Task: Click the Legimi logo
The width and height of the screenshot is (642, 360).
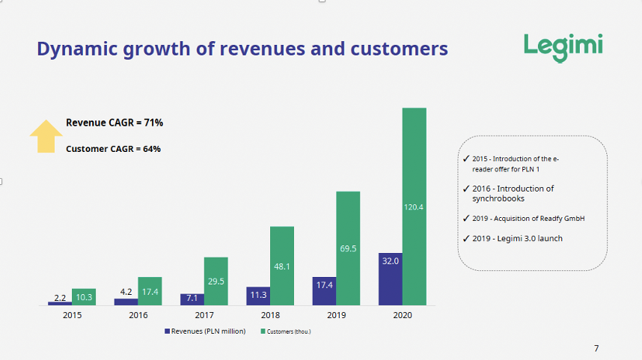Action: (563, 46)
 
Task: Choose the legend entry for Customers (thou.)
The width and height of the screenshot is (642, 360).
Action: (288, 331)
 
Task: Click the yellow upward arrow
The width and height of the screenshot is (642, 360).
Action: (46, 135)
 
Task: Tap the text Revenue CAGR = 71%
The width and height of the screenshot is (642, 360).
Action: (114, 122)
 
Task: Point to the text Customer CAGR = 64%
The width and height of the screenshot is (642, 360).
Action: (113, 148)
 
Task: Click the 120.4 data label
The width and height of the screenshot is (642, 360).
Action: (414, 207)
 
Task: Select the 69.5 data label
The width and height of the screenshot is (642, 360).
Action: (348, 248)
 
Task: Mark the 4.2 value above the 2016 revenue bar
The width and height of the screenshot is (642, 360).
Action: (126, 291)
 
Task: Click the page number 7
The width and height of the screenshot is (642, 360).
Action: (596, 348)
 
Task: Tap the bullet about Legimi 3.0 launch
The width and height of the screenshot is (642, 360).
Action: (517, 238)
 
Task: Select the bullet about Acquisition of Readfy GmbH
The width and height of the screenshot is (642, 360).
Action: (528, 219)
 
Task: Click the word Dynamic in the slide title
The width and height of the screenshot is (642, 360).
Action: (72, 49)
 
